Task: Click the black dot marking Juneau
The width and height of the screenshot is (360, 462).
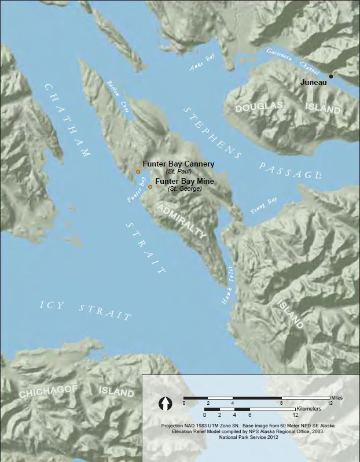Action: [331, 76]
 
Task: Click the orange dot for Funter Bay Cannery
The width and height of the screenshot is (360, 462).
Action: [138, 172]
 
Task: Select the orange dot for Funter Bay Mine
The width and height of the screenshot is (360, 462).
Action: [150, 187]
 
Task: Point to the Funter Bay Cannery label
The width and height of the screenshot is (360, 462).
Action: [178, 164]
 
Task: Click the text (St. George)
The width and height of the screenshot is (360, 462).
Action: [184, 189]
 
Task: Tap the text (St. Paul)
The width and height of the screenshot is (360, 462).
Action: [178, 172]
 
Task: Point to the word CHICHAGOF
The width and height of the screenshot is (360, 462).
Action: [46, 393]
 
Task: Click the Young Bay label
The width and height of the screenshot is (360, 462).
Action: [262, 204]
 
